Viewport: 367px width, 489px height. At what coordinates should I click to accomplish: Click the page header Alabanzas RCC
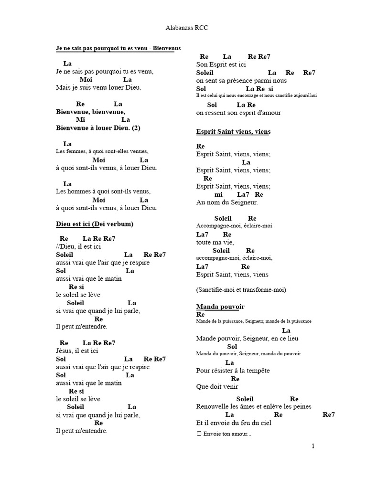[183, 28]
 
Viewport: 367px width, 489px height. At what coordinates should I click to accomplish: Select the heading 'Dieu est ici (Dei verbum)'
[95, 224]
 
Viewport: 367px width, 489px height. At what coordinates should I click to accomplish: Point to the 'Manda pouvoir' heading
[220, 306]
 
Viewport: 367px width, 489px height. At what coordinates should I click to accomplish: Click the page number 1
[313, 446]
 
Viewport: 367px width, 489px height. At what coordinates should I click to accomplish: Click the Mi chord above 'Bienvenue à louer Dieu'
[80, 120]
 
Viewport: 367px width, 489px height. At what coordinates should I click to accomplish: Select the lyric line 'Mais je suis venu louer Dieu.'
[98, 88]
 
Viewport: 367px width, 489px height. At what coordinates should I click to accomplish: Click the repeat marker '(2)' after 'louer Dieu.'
[136, 128]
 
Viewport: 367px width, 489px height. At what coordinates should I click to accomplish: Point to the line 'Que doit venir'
[217, 387]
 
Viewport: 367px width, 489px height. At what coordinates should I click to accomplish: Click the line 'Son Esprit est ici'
[221, 64]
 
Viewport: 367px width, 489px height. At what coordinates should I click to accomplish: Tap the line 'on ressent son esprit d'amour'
[238, 113]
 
